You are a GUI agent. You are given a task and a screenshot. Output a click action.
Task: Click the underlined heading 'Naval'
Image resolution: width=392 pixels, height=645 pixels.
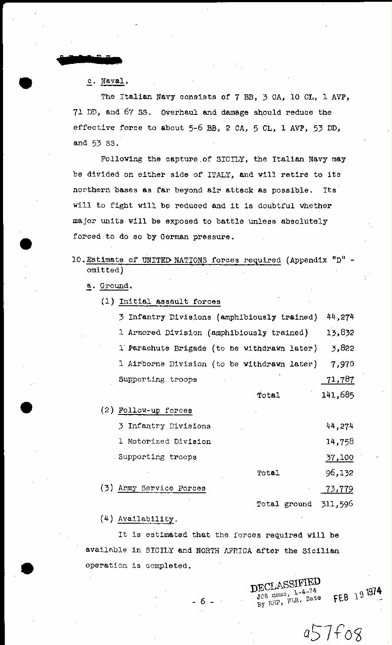pyautogui.click(x=114, y=81)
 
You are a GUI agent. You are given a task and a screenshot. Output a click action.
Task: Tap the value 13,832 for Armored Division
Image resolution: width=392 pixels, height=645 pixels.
pyautogui.click(x=340, y=333)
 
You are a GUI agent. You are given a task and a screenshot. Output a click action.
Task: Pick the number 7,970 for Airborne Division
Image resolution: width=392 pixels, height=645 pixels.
pyautogui.click(x=342, y=364)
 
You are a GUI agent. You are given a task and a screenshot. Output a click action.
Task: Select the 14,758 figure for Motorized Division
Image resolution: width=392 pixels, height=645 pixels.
pyautogui.click(x=340, y=441)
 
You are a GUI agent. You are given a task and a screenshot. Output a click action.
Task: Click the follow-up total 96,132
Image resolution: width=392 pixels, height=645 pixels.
pyautogui.click(x=340, y=473)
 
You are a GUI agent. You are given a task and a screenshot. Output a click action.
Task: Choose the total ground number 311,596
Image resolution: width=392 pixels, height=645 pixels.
pyautogui.click(x=337, y=504)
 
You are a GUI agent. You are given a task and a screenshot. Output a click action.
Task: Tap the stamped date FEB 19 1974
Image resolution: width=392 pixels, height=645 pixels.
pyautogui.click(x=358, y=594)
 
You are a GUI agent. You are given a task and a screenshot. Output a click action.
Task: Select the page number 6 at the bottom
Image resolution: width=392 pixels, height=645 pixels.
pyautogui.click(x=203, y=602)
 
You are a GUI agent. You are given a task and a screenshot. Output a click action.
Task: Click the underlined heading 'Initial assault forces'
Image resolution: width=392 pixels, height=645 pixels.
pyautogui.click(x=169, y=302)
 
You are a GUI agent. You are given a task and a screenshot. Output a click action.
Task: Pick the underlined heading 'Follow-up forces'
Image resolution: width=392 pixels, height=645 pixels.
pyautogui.click(x=155, y=411)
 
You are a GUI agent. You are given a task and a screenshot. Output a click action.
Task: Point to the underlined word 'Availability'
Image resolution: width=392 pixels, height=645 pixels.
pyautogui.click(x=146, y=519)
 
